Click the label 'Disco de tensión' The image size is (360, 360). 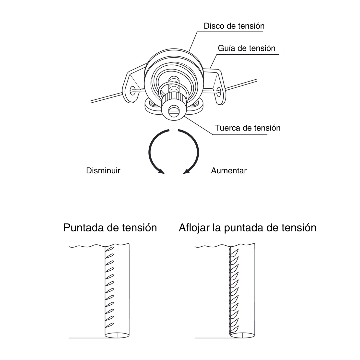(234, 26)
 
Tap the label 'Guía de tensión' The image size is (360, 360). (247, 48)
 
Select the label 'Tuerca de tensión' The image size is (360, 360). (247, 128)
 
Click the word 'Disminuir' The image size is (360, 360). (103, 171)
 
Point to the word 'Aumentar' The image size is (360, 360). (229, 171)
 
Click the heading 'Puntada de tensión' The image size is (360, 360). (110, 228)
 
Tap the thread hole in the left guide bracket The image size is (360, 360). (133, 90)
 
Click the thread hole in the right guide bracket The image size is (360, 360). (219, 91)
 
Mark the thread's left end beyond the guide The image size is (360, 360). (91, 102)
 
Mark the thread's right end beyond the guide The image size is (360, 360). (256, 80)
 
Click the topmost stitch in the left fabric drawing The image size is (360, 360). (109, 250)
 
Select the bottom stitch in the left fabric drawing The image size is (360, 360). (109, 325)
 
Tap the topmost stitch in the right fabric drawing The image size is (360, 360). (234, 252)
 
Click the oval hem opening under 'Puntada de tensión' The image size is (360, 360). (117, 335)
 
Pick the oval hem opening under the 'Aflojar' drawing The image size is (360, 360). (243, 335)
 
